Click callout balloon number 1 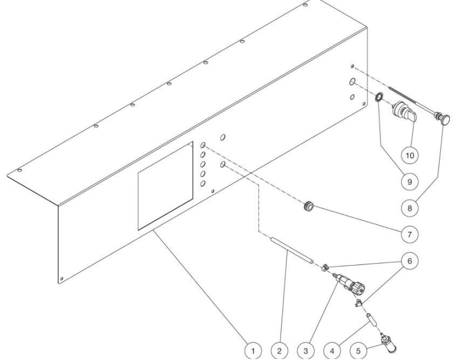tap(253, 351)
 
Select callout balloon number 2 tap(279, 351)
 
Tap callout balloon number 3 tap(305, 351)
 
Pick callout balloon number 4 tap(332, 351)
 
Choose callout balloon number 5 tap(358, 351)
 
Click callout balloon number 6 tap(410, 261)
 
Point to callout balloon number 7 tap(410, 234)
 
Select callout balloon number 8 tap(410, 208)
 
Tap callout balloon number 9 tap(410, 181)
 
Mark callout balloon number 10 tap(410, 155)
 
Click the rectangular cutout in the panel tap(165, 186)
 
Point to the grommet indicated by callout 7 tap(308, 206)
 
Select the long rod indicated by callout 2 tap(292, 250)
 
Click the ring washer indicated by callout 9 tap(379, 97)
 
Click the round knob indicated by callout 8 tap(446, 119)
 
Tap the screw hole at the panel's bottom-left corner tap(61, 279)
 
